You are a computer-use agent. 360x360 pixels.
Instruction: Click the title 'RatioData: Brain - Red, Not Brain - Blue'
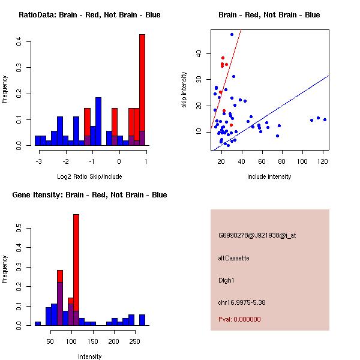click(89, 15)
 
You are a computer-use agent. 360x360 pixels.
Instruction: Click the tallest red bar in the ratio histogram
click(142, 90)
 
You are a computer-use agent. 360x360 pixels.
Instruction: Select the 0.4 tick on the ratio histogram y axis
click(19, 41)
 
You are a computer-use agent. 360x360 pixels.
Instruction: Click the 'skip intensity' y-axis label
click(185, 90)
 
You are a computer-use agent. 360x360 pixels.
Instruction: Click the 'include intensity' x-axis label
click(269, 176)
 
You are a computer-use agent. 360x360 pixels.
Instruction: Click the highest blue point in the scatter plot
click(232, 35)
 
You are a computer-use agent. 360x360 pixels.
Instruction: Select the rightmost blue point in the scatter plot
click(325, 119)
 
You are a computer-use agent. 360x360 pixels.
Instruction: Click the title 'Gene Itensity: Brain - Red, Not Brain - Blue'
click(89, 195)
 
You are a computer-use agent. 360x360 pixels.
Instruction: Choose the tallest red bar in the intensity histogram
click(76, 270)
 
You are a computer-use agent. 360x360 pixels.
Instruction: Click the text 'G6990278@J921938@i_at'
click(257, 235)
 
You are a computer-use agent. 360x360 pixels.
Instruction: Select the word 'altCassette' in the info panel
click(234, 258)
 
